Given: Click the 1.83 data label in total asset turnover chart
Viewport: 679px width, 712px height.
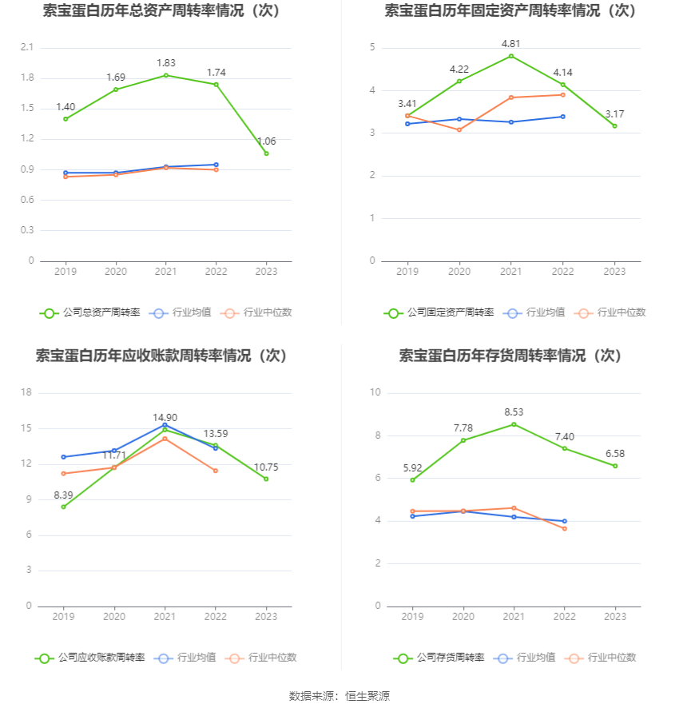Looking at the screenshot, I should point(165,62).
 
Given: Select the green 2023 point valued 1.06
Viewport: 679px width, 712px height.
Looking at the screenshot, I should point(266,153).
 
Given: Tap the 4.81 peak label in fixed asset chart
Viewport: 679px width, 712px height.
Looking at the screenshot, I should point(511,43).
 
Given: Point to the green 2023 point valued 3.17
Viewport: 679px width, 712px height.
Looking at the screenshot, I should point(614,126).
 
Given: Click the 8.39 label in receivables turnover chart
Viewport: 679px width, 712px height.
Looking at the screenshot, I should point(64,495).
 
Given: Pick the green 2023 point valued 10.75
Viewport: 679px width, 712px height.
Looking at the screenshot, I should point(266,479).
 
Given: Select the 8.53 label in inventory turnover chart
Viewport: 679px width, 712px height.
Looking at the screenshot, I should point(514,412).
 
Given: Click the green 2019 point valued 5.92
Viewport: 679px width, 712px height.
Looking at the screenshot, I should point(412,479).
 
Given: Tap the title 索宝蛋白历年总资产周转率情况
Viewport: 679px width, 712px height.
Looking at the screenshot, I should point(164,11).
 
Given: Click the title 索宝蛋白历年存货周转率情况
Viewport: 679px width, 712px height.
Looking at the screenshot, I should point(510,356).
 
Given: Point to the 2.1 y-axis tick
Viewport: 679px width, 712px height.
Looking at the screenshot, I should point(27,48).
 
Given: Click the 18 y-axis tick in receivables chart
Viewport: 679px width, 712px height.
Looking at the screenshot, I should point(26,392).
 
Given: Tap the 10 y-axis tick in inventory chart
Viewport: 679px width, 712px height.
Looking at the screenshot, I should point(375,392).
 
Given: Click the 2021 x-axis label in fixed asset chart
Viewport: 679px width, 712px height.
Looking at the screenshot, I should point(511,272).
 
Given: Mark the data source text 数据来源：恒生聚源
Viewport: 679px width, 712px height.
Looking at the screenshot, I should point(339,696).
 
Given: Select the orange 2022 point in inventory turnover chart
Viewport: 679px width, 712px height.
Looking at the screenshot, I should point(564,528).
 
